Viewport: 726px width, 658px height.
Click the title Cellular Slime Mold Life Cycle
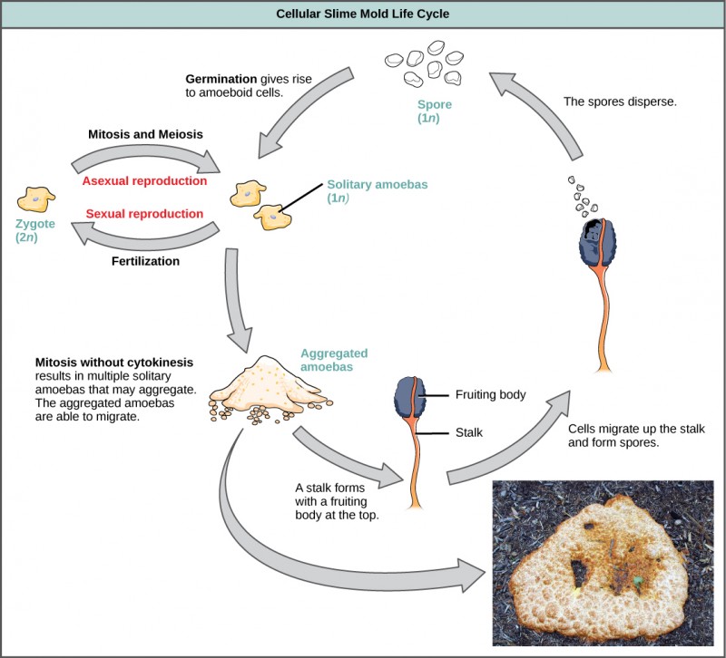pyautogui.click(x=362, y=14)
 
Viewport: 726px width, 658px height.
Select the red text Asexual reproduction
pyautogui.click(x=144, y=180)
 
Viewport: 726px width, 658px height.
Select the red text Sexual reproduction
pyautogui.click(x=144, y=214)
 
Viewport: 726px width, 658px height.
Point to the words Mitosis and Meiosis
pyautogui.click(x=145, y=133)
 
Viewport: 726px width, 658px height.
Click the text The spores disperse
pyautogui.click(x=620, y=102)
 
